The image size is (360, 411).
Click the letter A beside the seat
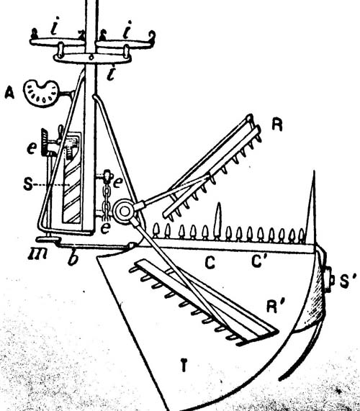pyautogui.click(x=9, y=93)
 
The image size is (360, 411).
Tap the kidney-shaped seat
pyautogui.click(x=42, y=94)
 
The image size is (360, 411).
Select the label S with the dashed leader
pyautogui.click(x=28, y=184)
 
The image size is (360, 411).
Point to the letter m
pyautogui.click(x=37, y=254)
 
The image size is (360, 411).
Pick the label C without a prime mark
pyautogui.click(x=210, y=263)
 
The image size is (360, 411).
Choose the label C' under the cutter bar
pyautogui.click(x=257, y=261)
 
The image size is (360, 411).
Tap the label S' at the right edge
pyautogui.click(x=348, y=281)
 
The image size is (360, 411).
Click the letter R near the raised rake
pyautogui.click(x=277, y=125)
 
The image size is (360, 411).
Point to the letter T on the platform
pyautogui.click(x=184, y=365)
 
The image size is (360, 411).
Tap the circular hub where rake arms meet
pyautogui.click(x=125, y=212)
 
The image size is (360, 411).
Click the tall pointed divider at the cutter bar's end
pyautogui.click(x=312, y=207)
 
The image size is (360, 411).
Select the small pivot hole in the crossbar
pyautogui.click(x=91, y=57)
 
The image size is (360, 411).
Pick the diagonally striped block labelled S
pyautogui.click(x=72, y=178)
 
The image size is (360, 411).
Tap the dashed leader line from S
pyautogui.click(x=51, y=185)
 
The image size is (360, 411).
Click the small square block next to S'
pyautogui.click(x=330, y=280)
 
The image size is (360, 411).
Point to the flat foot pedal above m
pyautogui.click(x=48, y=239)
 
